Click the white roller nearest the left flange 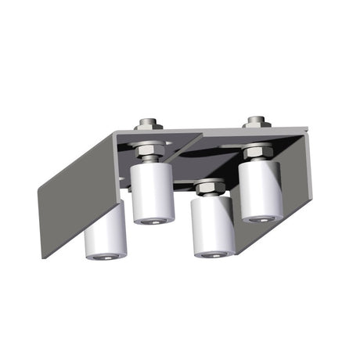[106, 232]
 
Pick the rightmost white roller [261, 190]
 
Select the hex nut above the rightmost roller [257, 151]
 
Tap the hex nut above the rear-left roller [151, 148]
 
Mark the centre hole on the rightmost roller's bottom [261, 218]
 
